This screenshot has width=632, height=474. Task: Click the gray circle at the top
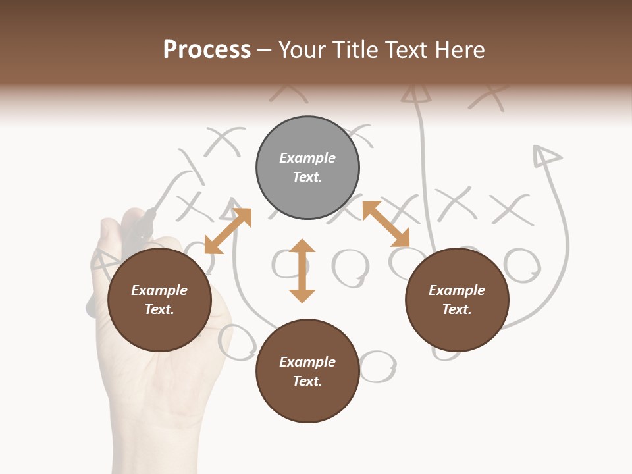coord(307,168)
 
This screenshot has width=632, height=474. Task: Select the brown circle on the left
coord(159,300)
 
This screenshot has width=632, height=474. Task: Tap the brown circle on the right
coord(457,300)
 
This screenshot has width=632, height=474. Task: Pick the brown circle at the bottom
coord(307,371)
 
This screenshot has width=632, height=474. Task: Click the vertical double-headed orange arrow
coord(302,271)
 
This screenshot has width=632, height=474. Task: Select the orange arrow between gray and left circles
coord(228,231)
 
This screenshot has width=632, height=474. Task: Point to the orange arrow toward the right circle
coord(386,224)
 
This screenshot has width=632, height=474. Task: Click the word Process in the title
coord(207,49)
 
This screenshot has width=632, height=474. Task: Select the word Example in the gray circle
coord(307,158)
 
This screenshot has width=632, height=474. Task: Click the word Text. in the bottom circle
coord(307,381)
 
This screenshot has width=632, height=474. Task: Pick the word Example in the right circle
coord(457,290)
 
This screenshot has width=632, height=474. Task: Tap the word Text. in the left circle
coord(159,309)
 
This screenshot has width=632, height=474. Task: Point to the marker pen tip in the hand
coord(151,213)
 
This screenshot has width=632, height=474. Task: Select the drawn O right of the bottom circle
coord(377,366)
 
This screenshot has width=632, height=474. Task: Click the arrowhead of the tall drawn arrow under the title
coord(416,94)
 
